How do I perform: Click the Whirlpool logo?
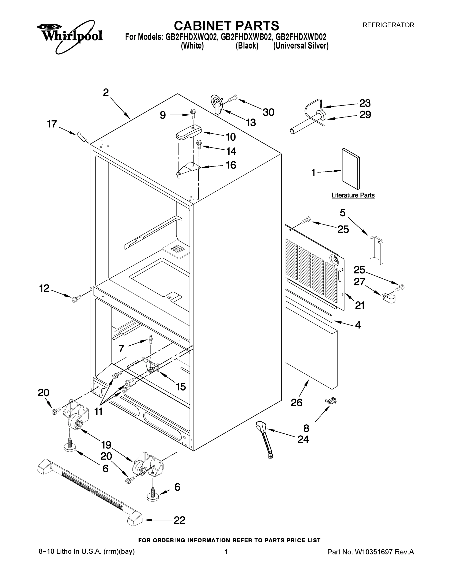click(x=70, y=36)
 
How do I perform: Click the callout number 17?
click(x=52, y=124)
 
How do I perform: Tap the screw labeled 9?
click(x=192, y=114)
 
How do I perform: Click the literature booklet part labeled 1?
click(x=351, y=169)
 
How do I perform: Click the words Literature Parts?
click(x=353, y=195)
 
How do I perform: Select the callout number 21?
click(x=360, y=305)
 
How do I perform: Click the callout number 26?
click(x=297, y=403)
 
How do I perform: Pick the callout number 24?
click(x=303, y=439)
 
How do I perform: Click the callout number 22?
click(x=179, y=520)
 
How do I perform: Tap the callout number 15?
click(x=181, y=387)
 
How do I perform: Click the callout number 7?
click(x=121, y=349)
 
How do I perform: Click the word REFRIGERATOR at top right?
click(x=388, y=25)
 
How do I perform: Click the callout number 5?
click(x=343, y=213)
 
